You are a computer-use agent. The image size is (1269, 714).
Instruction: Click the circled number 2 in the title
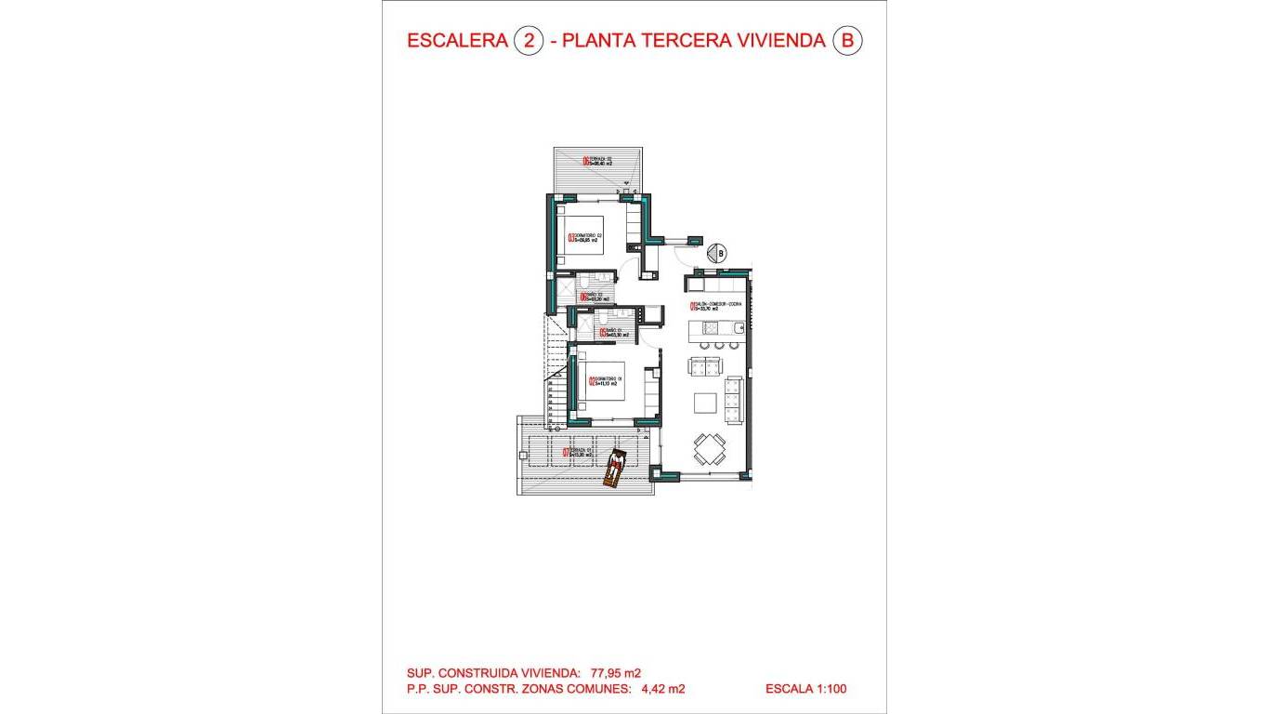[528, 41]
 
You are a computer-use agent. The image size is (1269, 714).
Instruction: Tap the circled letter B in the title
[846, 41]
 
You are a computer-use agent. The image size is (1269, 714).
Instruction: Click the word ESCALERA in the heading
[456, 41]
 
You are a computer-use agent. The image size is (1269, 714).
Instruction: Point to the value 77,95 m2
[615, 673]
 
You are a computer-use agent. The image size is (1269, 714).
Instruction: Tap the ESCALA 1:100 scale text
[805, 689]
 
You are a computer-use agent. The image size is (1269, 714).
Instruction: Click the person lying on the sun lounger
[615, 468]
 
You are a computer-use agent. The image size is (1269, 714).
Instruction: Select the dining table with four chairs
[711, 449]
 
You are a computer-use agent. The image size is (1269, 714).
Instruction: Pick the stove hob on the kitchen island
[711, 327]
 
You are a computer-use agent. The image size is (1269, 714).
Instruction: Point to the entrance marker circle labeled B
[717, 252]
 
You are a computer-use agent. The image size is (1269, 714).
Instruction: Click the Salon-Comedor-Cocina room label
[715, 307]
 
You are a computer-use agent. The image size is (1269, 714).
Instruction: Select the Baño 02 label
[593, 297]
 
